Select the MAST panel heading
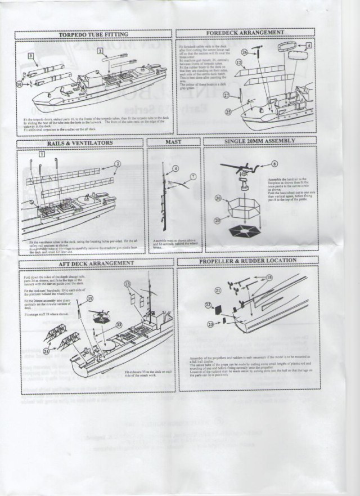pos(173,142)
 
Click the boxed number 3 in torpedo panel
pos(32,55)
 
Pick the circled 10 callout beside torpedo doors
pos(20,84)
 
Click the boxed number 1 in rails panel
pos(42,153)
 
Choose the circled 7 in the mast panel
pos(192,176)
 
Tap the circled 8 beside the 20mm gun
pos(274,163)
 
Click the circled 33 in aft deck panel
pos(119,324)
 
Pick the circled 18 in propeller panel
pos(269,278)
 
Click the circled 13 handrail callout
pos(127,283)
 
